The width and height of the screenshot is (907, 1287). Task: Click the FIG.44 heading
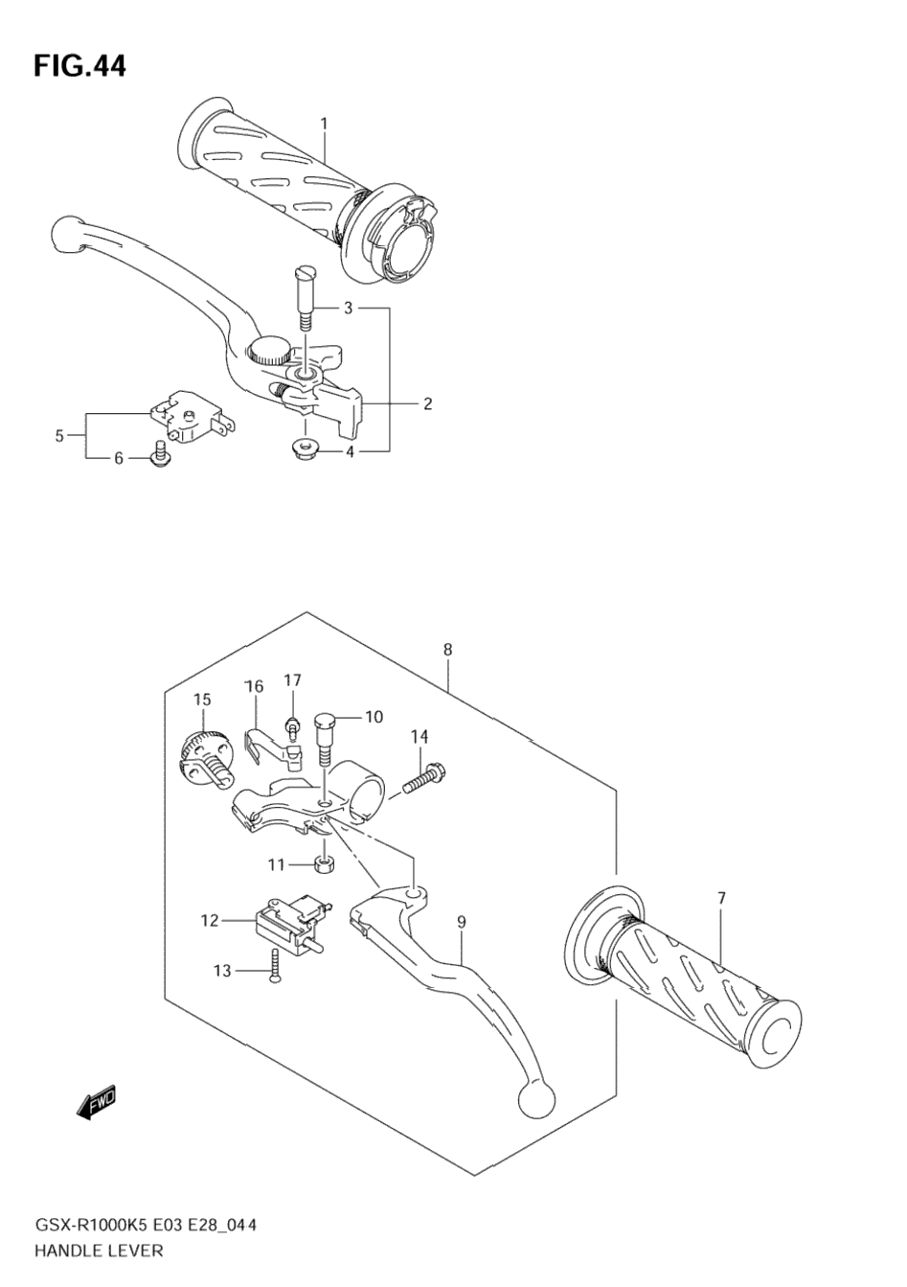(x=79, y=66)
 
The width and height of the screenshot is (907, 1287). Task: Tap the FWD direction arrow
(x=96, y=1101)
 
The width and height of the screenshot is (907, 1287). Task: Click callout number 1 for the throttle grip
(x=324, y=124)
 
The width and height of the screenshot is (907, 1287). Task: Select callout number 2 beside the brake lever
(x=428, y=403)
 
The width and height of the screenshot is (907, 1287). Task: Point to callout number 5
(x=59, y=436)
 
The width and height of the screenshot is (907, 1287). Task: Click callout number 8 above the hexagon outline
(x=448, y=650)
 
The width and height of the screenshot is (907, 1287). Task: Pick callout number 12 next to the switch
(x=210, y=920)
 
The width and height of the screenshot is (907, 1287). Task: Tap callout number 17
(x=292, y=680)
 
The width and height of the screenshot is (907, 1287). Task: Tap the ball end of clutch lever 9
(x=536, y=1099)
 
